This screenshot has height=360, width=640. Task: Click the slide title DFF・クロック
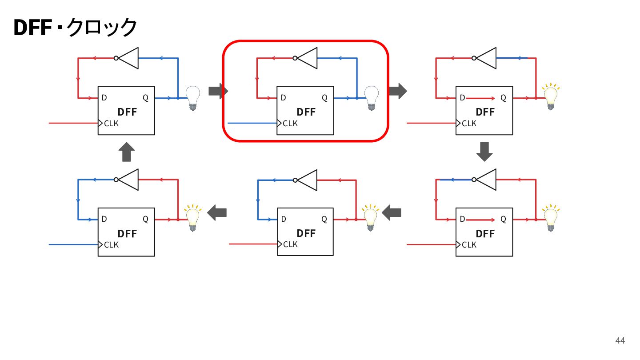tap(76, 27)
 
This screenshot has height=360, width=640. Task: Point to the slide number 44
tap(620, 340)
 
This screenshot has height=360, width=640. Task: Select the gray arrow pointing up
tap(127, 152)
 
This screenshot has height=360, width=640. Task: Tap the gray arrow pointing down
tap(484, 152)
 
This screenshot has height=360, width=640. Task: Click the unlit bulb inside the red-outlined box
tap(372, 98)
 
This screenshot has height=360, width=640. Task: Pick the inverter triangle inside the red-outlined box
tap(305, 58)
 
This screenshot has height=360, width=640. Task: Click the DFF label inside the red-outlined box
tap(306, 112)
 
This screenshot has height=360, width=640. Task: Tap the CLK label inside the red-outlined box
tap(290, 124)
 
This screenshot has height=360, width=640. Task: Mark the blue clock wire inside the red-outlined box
tap(252, 123)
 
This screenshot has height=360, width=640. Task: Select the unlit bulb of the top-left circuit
tap(193, 98)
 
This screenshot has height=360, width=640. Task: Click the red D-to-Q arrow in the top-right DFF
tap(480, 98)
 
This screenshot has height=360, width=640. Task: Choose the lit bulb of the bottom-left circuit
tap(193, 218)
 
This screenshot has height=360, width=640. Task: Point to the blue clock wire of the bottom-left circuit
tap(73, 244)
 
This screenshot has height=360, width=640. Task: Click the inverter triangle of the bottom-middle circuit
tap(305, 180)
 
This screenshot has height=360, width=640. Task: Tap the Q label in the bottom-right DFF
tap(504, 219)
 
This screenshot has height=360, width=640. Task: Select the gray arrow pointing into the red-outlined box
tap(218, 91)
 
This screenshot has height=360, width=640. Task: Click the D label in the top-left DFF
tap(104, 98)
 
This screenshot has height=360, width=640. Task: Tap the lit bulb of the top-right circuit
tap(551, 96)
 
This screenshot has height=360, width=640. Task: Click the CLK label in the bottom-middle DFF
tap(291, 244)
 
